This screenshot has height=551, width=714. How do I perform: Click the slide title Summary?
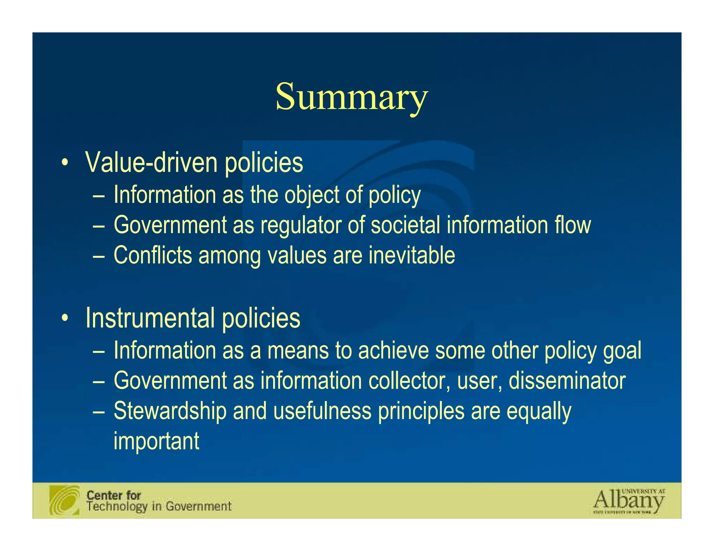[351, 97]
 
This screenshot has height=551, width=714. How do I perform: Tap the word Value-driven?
[151, 163]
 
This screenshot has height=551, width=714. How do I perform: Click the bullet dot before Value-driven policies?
[64, 163]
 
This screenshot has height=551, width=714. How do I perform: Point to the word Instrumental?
[150, 318]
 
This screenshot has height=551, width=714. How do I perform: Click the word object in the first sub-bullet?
[312, 195]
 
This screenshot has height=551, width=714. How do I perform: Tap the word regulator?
[301, 225]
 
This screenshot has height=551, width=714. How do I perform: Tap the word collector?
[409, 381]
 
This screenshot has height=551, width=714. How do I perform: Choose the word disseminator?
[567, 381]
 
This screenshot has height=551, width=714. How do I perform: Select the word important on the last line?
[157, 441]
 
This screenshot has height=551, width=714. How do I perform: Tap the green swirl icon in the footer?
[64, 500]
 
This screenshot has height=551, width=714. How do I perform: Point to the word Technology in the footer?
[116, 506]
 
